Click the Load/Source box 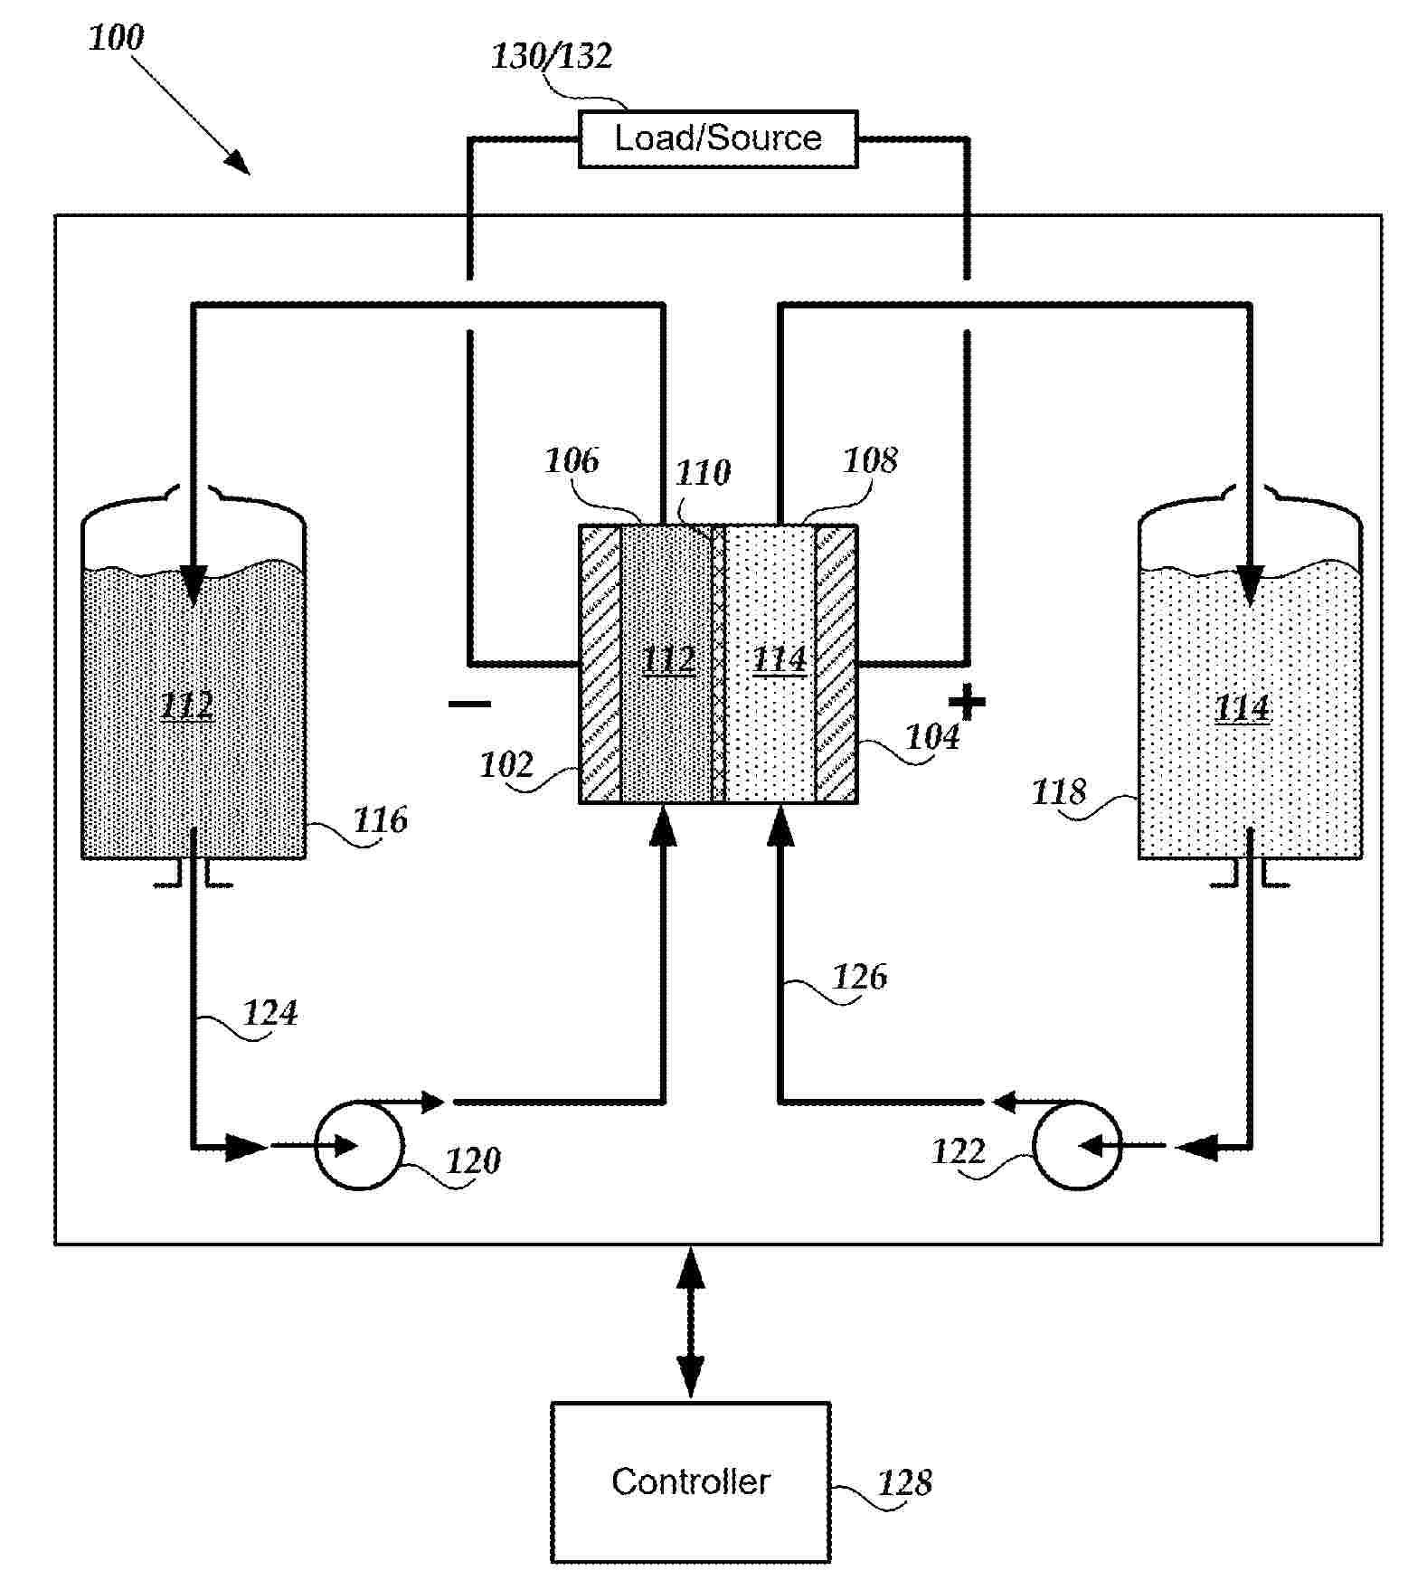(717, 139)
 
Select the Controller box (690, 1481)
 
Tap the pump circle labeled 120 (358, 1145)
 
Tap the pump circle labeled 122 (1076, 1145)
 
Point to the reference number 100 (116, 38)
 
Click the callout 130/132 (551, 57)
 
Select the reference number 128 (904, 1483)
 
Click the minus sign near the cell (470, 704)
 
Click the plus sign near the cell (967, 702)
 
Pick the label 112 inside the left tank (187, 705)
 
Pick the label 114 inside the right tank (1242, 707)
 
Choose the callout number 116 (380, 820)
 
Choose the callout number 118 (1058, 792)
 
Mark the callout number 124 (270, 1013)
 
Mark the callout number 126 (859, 977)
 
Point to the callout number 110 (703, 472)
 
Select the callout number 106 (572, 461)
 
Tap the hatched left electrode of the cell (600, 664)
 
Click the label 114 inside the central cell (780, 659)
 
